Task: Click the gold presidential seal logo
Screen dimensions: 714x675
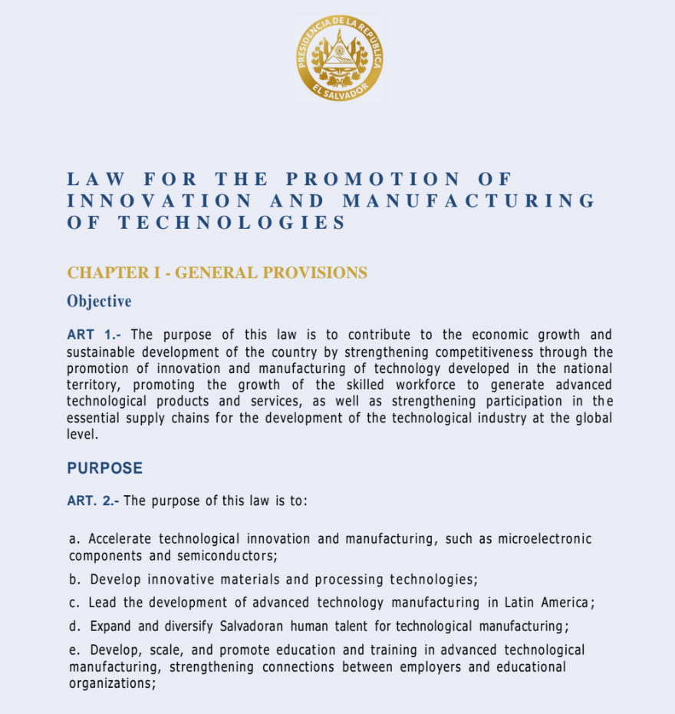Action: [339, 58]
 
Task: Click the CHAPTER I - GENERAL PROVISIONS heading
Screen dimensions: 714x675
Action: [217, 273]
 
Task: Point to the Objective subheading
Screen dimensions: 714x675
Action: [99, 301]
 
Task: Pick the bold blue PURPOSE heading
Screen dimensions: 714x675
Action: [104, 468]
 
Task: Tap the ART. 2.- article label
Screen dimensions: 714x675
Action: [93, 501]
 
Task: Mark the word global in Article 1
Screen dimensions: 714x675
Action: [590, 418]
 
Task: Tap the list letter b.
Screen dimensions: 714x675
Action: [74, 580]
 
